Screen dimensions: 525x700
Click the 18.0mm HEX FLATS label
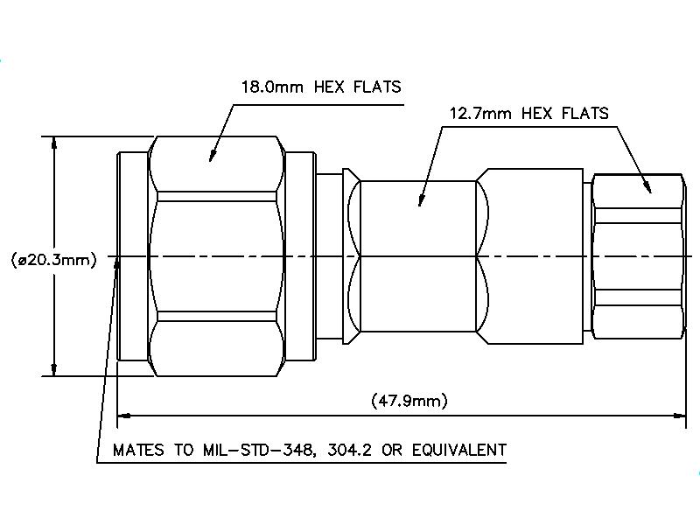[x=320, y=87]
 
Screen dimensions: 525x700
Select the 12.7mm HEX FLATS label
[x=528, y=114]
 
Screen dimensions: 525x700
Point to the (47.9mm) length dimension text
[x=409, y=401]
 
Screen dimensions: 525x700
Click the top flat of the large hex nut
[x=217, y=166]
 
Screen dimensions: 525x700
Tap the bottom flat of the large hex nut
[x=217, y=346]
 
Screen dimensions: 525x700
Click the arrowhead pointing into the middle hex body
[x=420, y=202]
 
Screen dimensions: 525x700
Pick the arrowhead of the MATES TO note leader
[x=117, y=264]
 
